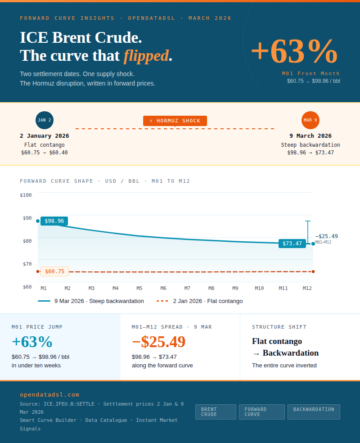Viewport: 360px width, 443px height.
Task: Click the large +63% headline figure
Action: pyautogui.click(x=294, y=52)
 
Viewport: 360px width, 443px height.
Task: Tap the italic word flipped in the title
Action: pyautogui.click(x=146, y=56)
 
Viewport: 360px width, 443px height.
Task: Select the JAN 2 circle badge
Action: pyautogui.click(x=45, y=120)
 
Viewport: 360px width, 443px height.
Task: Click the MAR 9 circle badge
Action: pyautogui.click(x=310, y=120)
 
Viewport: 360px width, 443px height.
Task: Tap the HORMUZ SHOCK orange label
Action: pyautogui.click(x=175, y=121)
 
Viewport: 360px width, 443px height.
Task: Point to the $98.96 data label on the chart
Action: pyautogui.click(x=54, y=221)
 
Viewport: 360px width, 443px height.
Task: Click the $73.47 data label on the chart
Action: pyautogui.click(x=292, y=244)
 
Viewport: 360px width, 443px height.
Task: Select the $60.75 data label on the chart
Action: pyautogui.click(x=55, y=271)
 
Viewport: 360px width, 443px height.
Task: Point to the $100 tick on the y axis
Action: pyautogui.click(x=26, y=195)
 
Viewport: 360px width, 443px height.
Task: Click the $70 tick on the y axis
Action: pyautogui.click(x=27, y=264)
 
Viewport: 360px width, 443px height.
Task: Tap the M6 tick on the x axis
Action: pyautogui.click(x=163, y=288)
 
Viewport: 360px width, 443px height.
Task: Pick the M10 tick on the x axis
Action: pyautogui.click(x=259, y=288)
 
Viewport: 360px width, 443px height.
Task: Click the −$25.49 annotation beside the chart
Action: pyautogui.click(x=326, y=236)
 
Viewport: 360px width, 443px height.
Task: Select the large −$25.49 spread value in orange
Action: pyautogui.click(x=158, y=342)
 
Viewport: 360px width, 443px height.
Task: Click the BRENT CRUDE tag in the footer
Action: pyautogui.click(x=216, y=412)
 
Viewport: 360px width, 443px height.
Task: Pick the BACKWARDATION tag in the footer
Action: pyautogui.click(x=314, y=410)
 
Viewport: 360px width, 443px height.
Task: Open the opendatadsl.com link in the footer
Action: pyautogui.click(x=49, y=394)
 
